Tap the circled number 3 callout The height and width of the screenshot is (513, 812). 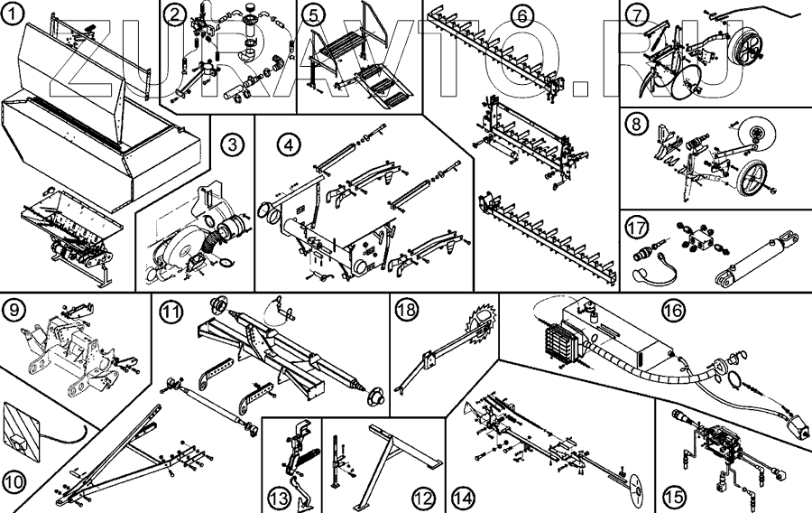coord(233,144)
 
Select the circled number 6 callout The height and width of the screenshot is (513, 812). coord(521,14)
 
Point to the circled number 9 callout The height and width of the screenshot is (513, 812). coord(14,311)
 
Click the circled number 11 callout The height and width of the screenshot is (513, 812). coord(170,312)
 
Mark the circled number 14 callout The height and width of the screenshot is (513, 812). coord(464,496)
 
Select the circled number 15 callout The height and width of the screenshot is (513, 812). coord(673,496)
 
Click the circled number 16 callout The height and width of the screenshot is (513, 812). coord(670,309)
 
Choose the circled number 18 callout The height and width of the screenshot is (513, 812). coord(406,310)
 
